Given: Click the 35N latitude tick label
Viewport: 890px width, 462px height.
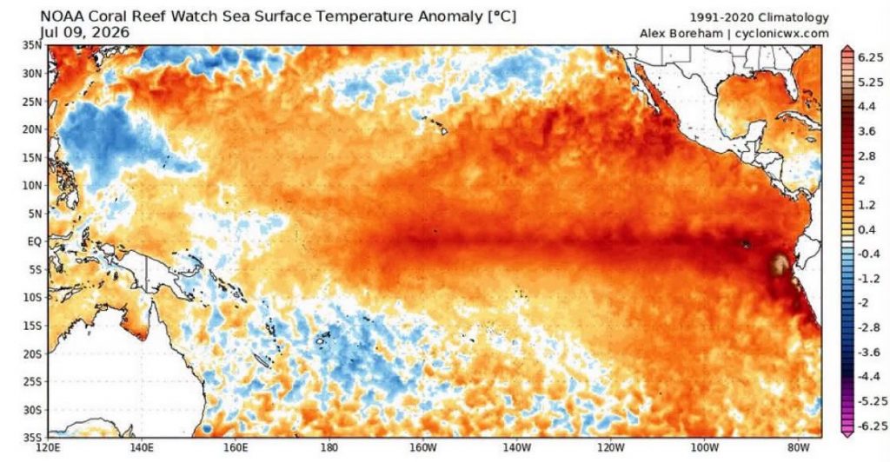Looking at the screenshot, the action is coord(32,45).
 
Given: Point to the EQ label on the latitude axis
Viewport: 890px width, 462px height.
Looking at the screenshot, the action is coord(35,241).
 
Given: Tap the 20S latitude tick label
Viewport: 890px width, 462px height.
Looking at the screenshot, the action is coord(32,353).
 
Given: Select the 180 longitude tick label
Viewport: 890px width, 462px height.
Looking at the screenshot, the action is coord(329,448).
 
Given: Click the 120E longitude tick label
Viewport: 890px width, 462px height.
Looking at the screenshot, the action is coord(48,448).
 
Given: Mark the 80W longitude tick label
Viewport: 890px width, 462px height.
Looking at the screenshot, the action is coord(798,448).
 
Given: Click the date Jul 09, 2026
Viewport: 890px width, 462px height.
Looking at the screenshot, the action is coord(84,33).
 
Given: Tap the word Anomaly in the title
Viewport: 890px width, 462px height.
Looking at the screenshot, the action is coord(451,16).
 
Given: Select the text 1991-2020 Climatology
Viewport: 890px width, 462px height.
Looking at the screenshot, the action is coord(760,17).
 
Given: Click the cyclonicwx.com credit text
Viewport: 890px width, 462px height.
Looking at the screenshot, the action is coord(781,34).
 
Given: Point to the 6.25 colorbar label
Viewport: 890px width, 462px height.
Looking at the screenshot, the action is coord(871,57).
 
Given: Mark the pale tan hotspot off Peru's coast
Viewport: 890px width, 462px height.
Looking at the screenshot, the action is coord(780,264).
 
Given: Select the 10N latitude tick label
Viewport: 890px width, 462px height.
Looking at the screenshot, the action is coord(32,185).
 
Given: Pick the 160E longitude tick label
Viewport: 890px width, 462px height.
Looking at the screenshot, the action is coord(235,448).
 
